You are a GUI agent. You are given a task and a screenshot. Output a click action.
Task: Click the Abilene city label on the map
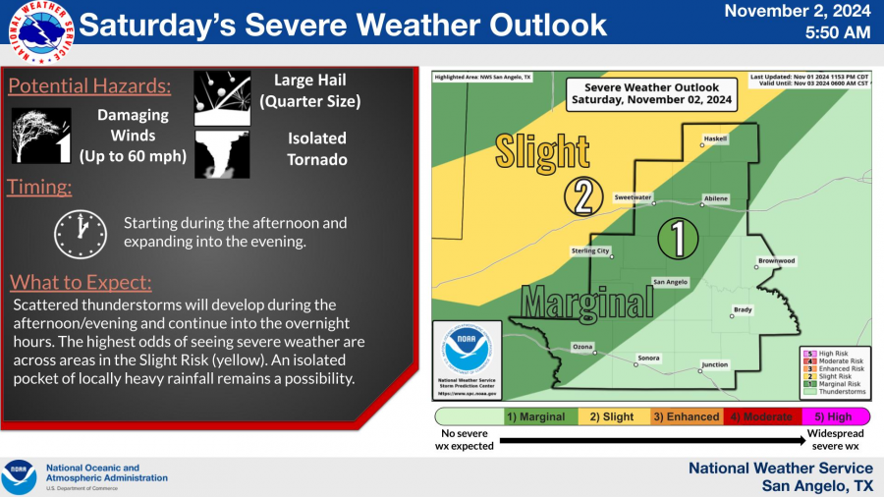pos(716,199)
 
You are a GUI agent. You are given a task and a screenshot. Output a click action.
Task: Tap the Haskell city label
pos(716,138)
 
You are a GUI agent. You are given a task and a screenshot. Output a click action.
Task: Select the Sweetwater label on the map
pos(634,197)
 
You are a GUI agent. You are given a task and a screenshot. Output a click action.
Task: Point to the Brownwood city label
pos(776,261)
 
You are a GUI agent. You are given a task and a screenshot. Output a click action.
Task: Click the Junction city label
pos(714,365)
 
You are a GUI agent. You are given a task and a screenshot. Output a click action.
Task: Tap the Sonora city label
pos(648,358)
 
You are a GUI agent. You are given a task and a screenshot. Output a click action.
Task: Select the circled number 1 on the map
pos(678,237)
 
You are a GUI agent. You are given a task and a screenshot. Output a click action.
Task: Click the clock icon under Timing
pos(80,232)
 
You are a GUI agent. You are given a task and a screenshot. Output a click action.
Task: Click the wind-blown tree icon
pos(41,135)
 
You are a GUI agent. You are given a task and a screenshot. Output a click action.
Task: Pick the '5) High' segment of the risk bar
pos(830,416)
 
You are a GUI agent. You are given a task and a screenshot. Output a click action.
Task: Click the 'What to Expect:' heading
pos(81,283)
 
